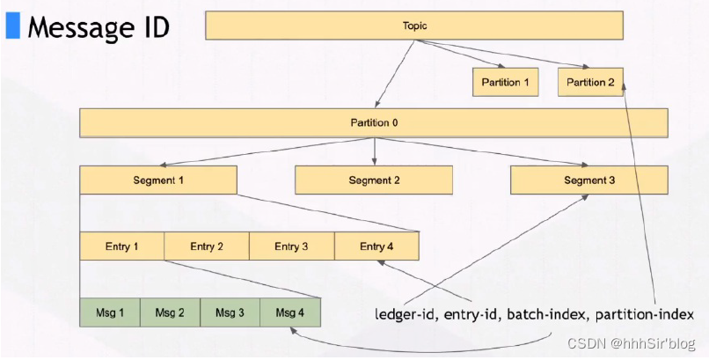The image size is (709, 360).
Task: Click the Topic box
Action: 414,26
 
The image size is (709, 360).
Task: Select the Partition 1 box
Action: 506,82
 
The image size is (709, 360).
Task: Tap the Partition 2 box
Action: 590,82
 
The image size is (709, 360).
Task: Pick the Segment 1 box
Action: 158,180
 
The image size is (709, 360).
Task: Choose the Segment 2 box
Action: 374,180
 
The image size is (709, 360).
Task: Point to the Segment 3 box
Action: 589,180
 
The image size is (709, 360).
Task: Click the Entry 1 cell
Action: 122,246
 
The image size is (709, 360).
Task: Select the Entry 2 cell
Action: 207,246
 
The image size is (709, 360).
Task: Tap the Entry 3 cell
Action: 292,246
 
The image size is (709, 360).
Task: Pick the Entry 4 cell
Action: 376,246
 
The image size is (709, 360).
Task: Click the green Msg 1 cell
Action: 110,312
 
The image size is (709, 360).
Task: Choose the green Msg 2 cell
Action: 170,312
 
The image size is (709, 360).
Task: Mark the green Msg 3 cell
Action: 230,312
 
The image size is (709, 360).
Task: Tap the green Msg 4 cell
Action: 290,312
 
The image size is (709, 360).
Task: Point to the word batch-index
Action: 552,314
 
